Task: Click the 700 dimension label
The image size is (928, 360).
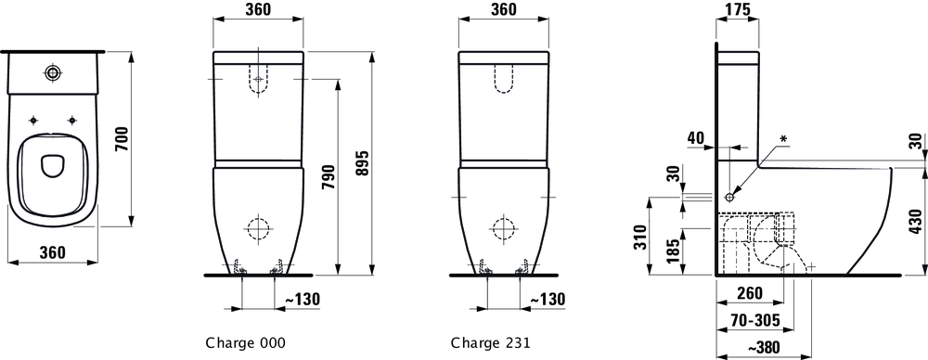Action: (122, 138)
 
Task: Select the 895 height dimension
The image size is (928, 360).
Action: (363, 163)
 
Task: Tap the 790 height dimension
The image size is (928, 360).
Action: (329, 177)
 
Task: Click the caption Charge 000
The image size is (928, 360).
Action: (245, 342)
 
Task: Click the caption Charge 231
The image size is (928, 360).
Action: (490, 342)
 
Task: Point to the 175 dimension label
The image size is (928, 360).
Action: (737, 9)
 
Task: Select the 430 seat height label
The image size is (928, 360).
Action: (915, 222)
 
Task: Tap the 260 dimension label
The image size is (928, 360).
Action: (750, 292)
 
